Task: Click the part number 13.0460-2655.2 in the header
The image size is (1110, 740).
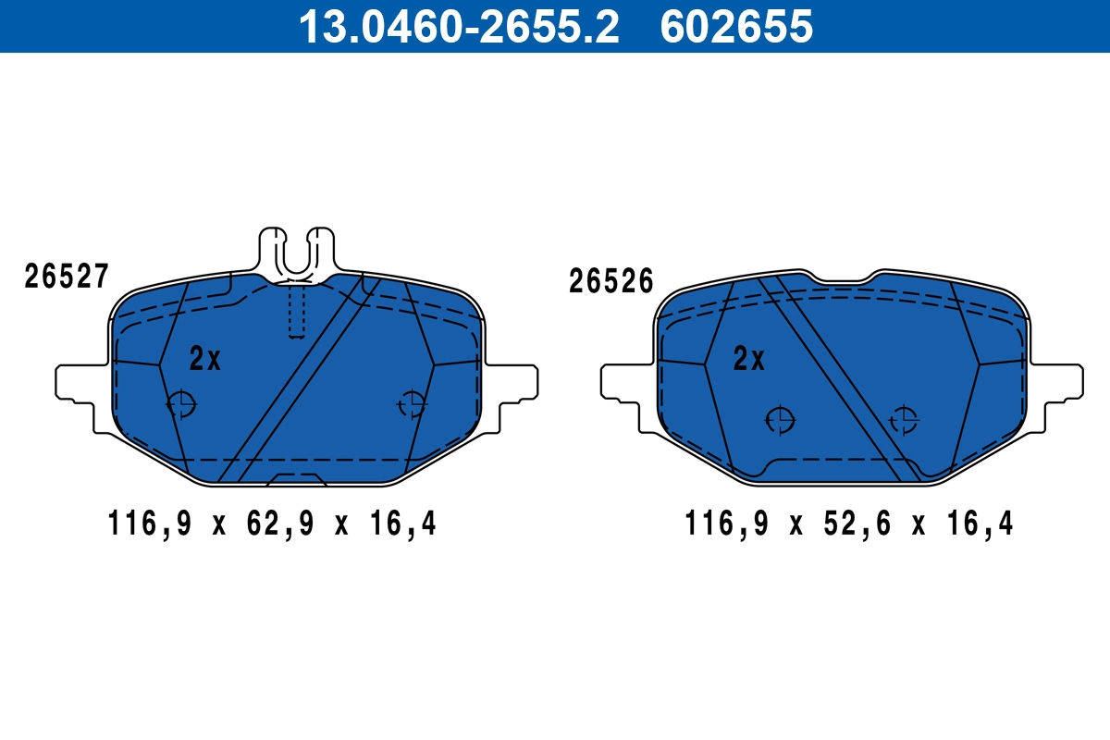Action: click(458, 26)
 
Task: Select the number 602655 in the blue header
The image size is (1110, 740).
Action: click(736, 26)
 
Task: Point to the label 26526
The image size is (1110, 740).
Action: click(611, 281)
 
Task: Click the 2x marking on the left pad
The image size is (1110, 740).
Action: click(204, 359)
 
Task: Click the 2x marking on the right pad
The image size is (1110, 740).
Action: click(748, 359)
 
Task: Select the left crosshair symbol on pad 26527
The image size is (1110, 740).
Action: click(181, 404)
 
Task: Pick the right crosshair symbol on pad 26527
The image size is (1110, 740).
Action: click(412, 404)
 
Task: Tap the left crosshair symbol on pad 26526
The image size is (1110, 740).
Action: click(781, 420)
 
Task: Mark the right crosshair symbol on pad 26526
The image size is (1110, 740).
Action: click(903, 420)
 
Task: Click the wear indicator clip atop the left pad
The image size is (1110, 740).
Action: click(295, 250)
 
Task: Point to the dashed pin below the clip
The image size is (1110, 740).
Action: click(296, 310)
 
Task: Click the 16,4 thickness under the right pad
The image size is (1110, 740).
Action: click(980, 524)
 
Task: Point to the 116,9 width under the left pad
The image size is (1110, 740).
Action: click(149, 524)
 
